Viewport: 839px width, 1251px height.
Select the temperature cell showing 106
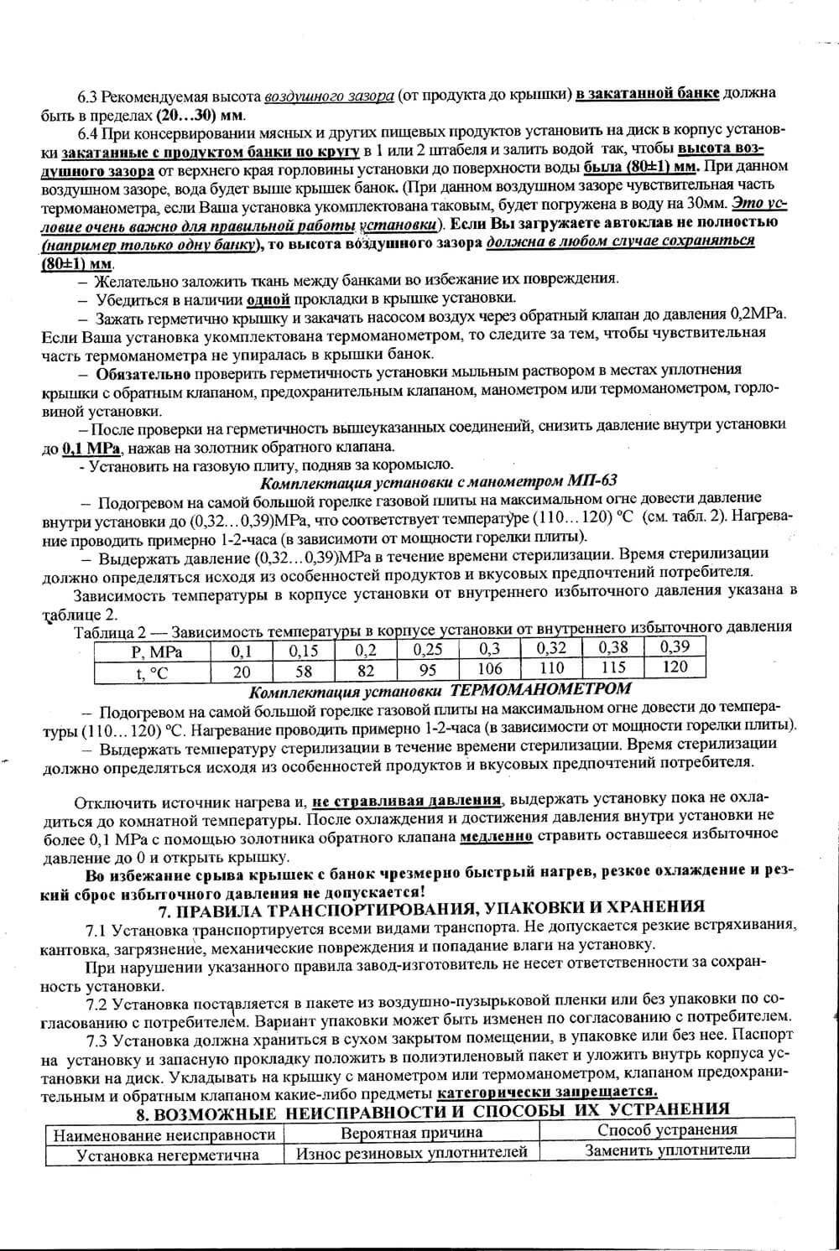click(489, 669)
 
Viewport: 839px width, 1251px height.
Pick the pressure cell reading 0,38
click(613, 646)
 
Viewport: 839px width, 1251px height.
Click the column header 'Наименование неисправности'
click(164, 1134)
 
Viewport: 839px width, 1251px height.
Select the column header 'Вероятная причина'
click(411, 1133)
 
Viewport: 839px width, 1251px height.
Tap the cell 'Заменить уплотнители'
click(667, 1150)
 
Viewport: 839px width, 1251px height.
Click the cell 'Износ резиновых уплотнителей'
click(411, 1152)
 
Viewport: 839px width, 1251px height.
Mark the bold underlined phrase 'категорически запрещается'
click(547, 1092)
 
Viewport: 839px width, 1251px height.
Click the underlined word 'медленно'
click(497, 836)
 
